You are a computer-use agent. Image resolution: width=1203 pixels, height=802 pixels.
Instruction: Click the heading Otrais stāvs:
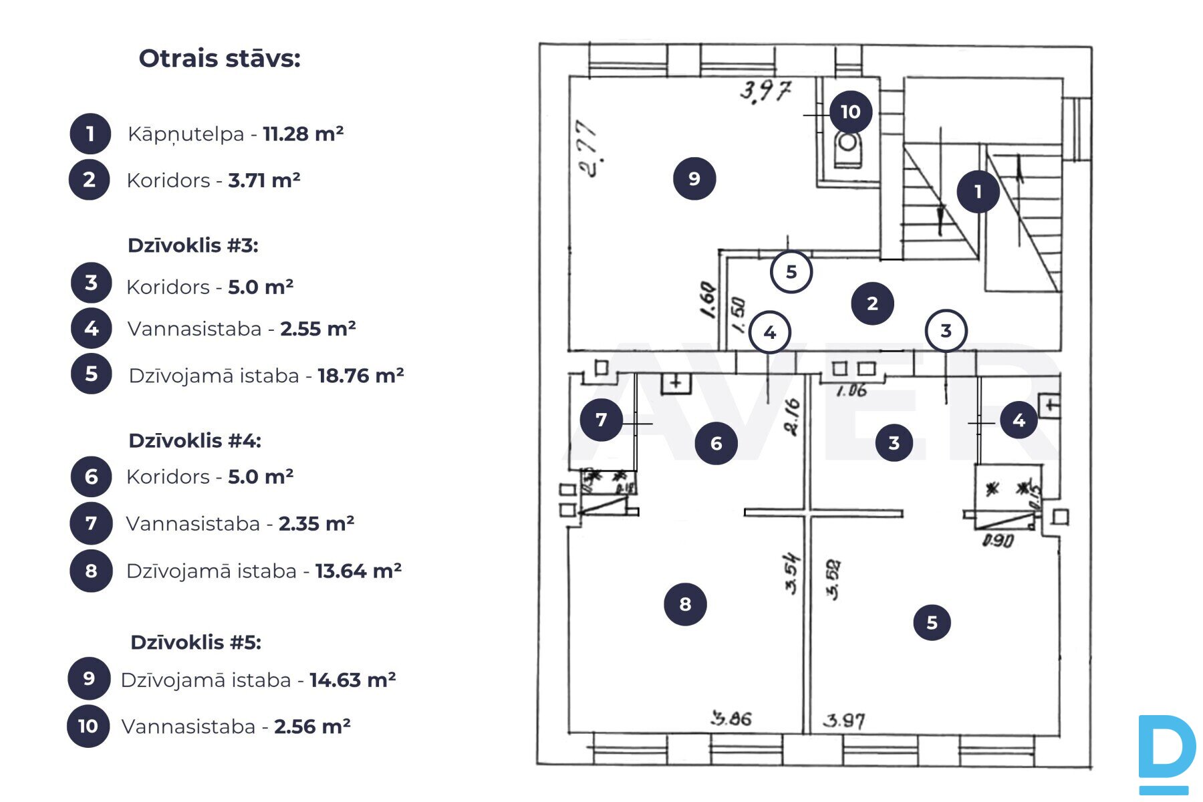pos(219,59)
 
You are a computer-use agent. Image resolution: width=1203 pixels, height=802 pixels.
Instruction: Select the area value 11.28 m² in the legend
pos(303,134)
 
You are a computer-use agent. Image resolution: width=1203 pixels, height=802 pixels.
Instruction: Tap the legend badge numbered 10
pos(88,726)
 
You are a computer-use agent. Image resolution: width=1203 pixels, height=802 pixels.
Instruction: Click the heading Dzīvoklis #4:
pos(194,441)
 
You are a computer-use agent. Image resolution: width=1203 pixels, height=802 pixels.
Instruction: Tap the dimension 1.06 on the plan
pos(851,390)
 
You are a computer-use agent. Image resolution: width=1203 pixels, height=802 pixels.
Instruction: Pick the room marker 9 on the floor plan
pos(694,178)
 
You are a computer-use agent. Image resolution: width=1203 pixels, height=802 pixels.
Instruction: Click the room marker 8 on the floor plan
pos(685,604)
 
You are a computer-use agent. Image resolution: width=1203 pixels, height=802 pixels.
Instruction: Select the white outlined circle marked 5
pos(791,272)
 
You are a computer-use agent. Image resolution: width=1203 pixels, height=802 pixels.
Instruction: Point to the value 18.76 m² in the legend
pos(360,376)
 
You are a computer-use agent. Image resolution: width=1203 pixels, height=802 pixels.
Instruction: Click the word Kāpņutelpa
pos(186,134)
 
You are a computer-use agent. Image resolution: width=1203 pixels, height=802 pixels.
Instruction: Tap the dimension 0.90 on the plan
pos(998,540)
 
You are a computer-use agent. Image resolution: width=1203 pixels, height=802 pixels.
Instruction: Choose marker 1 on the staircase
pos(978,192)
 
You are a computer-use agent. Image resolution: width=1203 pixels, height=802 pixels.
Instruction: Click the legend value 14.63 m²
pos(352,680)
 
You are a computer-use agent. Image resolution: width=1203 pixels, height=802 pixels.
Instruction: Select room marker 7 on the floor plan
pos(601,420)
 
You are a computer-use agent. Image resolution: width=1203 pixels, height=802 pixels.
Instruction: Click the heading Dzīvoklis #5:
pos(196,643)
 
